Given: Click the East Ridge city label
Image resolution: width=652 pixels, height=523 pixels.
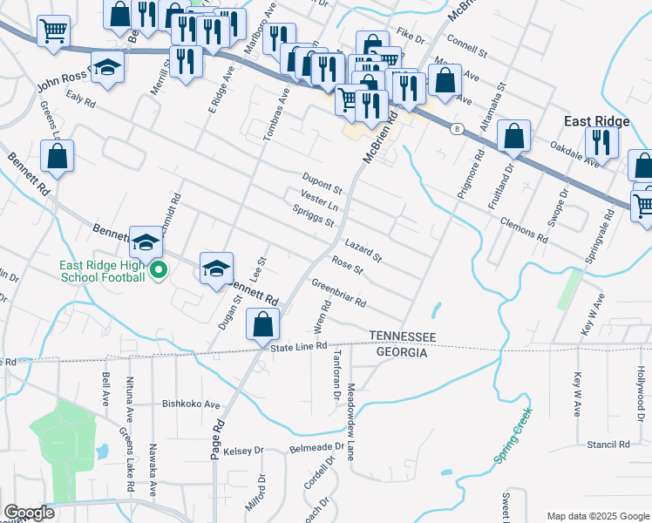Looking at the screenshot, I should pyautogui.click(x=596, y=121).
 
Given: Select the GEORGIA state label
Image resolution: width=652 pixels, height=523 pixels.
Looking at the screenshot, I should pyautogui.click(x=401, y=353).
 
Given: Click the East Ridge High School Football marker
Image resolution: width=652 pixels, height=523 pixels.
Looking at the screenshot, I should pyautogui.click(x=158, y=273).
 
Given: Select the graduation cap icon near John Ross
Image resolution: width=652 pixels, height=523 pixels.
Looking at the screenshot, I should pyautogui.click(x=108, y=69).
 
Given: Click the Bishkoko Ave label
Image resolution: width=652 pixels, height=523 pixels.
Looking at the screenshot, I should pyautogui.click(x=194, y=404).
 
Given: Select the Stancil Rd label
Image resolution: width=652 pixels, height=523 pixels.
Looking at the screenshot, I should pyautogui.click(x=608, y=445).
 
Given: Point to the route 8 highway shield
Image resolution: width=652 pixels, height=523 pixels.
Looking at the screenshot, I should pyautogui.click(x=457, y=129).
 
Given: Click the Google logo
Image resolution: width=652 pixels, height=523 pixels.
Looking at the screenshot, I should pyautogui.click(x=28, y=513).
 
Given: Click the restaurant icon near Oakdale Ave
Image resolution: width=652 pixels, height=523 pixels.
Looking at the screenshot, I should pyautogui.click(x=601, y=141).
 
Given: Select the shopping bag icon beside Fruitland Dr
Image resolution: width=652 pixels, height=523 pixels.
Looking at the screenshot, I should pyautogui.click(x=514, y=137).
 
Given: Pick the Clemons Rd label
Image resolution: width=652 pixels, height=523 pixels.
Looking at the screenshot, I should pyautogui.click(x=524, y=228).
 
